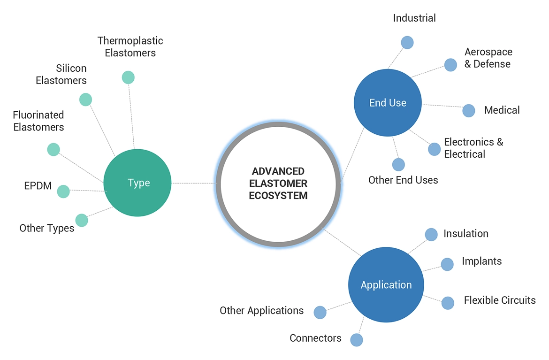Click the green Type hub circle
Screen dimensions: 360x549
click(137, 183)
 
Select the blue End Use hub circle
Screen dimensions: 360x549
click(388, 103)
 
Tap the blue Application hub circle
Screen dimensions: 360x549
click(386, 285)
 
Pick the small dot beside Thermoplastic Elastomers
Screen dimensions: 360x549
click(128, 77)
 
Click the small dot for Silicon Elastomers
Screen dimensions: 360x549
click(85, 100)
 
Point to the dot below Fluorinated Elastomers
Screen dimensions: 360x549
click(53, 150)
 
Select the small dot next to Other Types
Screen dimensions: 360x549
click(82, 220)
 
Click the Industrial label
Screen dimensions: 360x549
click(414, 18)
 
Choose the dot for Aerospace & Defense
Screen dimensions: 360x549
click(450, 65)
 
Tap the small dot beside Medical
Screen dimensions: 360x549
click(469, 110)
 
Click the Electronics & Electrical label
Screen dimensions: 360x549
click(473, 148)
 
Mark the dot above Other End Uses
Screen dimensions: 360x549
click(398, 165)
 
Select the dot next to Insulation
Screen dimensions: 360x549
click(431, 235)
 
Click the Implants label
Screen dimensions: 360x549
click(481, 261)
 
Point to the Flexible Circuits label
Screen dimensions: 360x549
click(500, 300)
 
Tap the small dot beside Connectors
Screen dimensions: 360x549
click(357, 340)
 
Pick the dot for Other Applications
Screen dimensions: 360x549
click(320, 312)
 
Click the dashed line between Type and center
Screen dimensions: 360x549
click(194, 183)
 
